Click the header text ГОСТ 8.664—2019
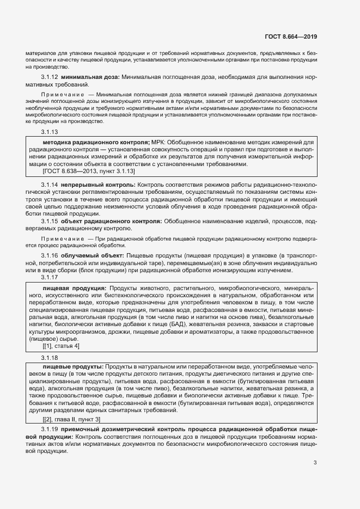(x=291, y=37)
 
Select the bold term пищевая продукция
(x=74, y=288)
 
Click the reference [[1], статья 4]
(x=61, y=346)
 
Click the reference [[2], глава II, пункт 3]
(x=71, y=419)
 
